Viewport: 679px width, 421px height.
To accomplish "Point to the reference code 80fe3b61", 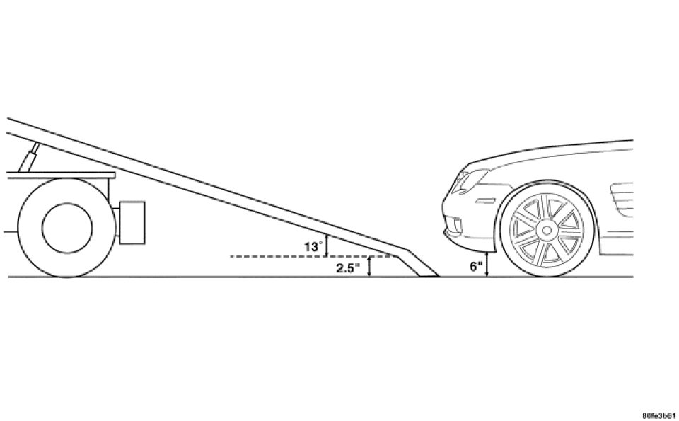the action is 658,413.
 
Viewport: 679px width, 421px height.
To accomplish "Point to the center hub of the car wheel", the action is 545,230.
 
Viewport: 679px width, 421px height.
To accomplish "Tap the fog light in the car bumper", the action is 456,225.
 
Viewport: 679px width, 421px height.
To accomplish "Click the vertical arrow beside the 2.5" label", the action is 369,267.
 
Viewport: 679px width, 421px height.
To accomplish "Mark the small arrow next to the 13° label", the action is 326,245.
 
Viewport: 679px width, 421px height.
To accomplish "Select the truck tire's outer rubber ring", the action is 28,226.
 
